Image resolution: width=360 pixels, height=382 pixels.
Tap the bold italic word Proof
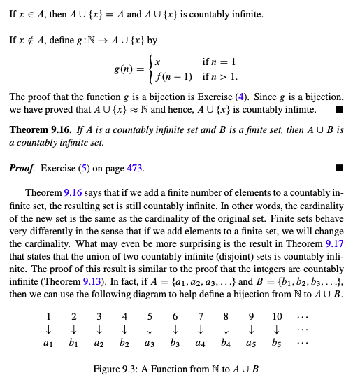pyautogui.click(x=22, y=169)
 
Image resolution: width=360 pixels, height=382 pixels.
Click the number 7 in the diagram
pyautogui.click(x=200, y=316)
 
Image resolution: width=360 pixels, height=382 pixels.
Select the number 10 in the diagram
pyautogui.click(x=277, y=316)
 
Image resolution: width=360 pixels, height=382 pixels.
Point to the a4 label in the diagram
pyautogui.click(x=200, y=345)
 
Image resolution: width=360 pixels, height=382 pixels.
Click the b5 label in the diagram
pyautogui.click(x=277, y=345)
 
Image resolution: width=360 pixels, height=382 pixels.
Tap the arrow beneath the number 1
pyautogui.click(x=48, y=330)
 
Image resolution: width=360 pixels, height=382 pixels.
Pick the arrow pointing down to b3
pyautogui.click(x=175, y=330)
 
